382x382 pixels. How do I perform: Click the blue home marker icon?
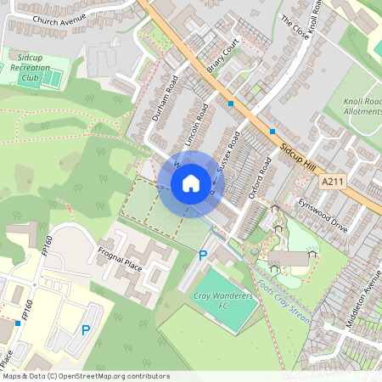(x=190, y=183)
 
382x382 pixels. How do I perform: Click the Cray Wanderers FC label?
(x=216, y=301)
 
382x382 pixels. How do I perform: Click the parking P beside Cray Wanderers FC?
(x=202, y=255)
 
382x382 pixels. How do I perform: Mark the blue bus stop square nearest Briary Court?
(x=231, y=104)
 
